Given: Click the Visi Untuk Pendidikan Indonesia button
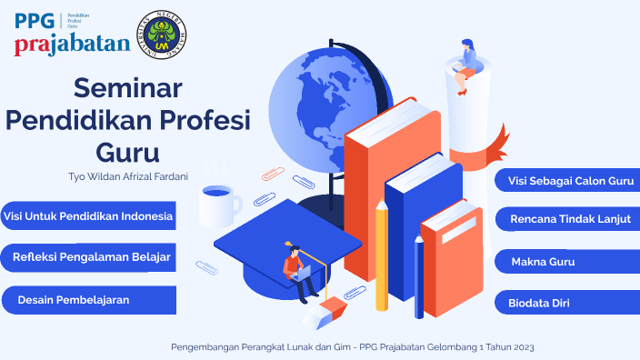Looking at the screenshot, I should coord(87,216).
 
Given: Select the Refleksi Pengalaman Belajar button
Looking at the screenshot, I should coord(90,258).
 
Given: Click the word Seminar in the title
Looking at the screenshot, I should coord(128,89).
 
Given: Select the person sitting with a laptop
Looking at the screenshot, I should coord(297,270).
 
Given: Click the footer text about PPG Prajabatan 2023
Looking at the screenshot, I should coord(359,347).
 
